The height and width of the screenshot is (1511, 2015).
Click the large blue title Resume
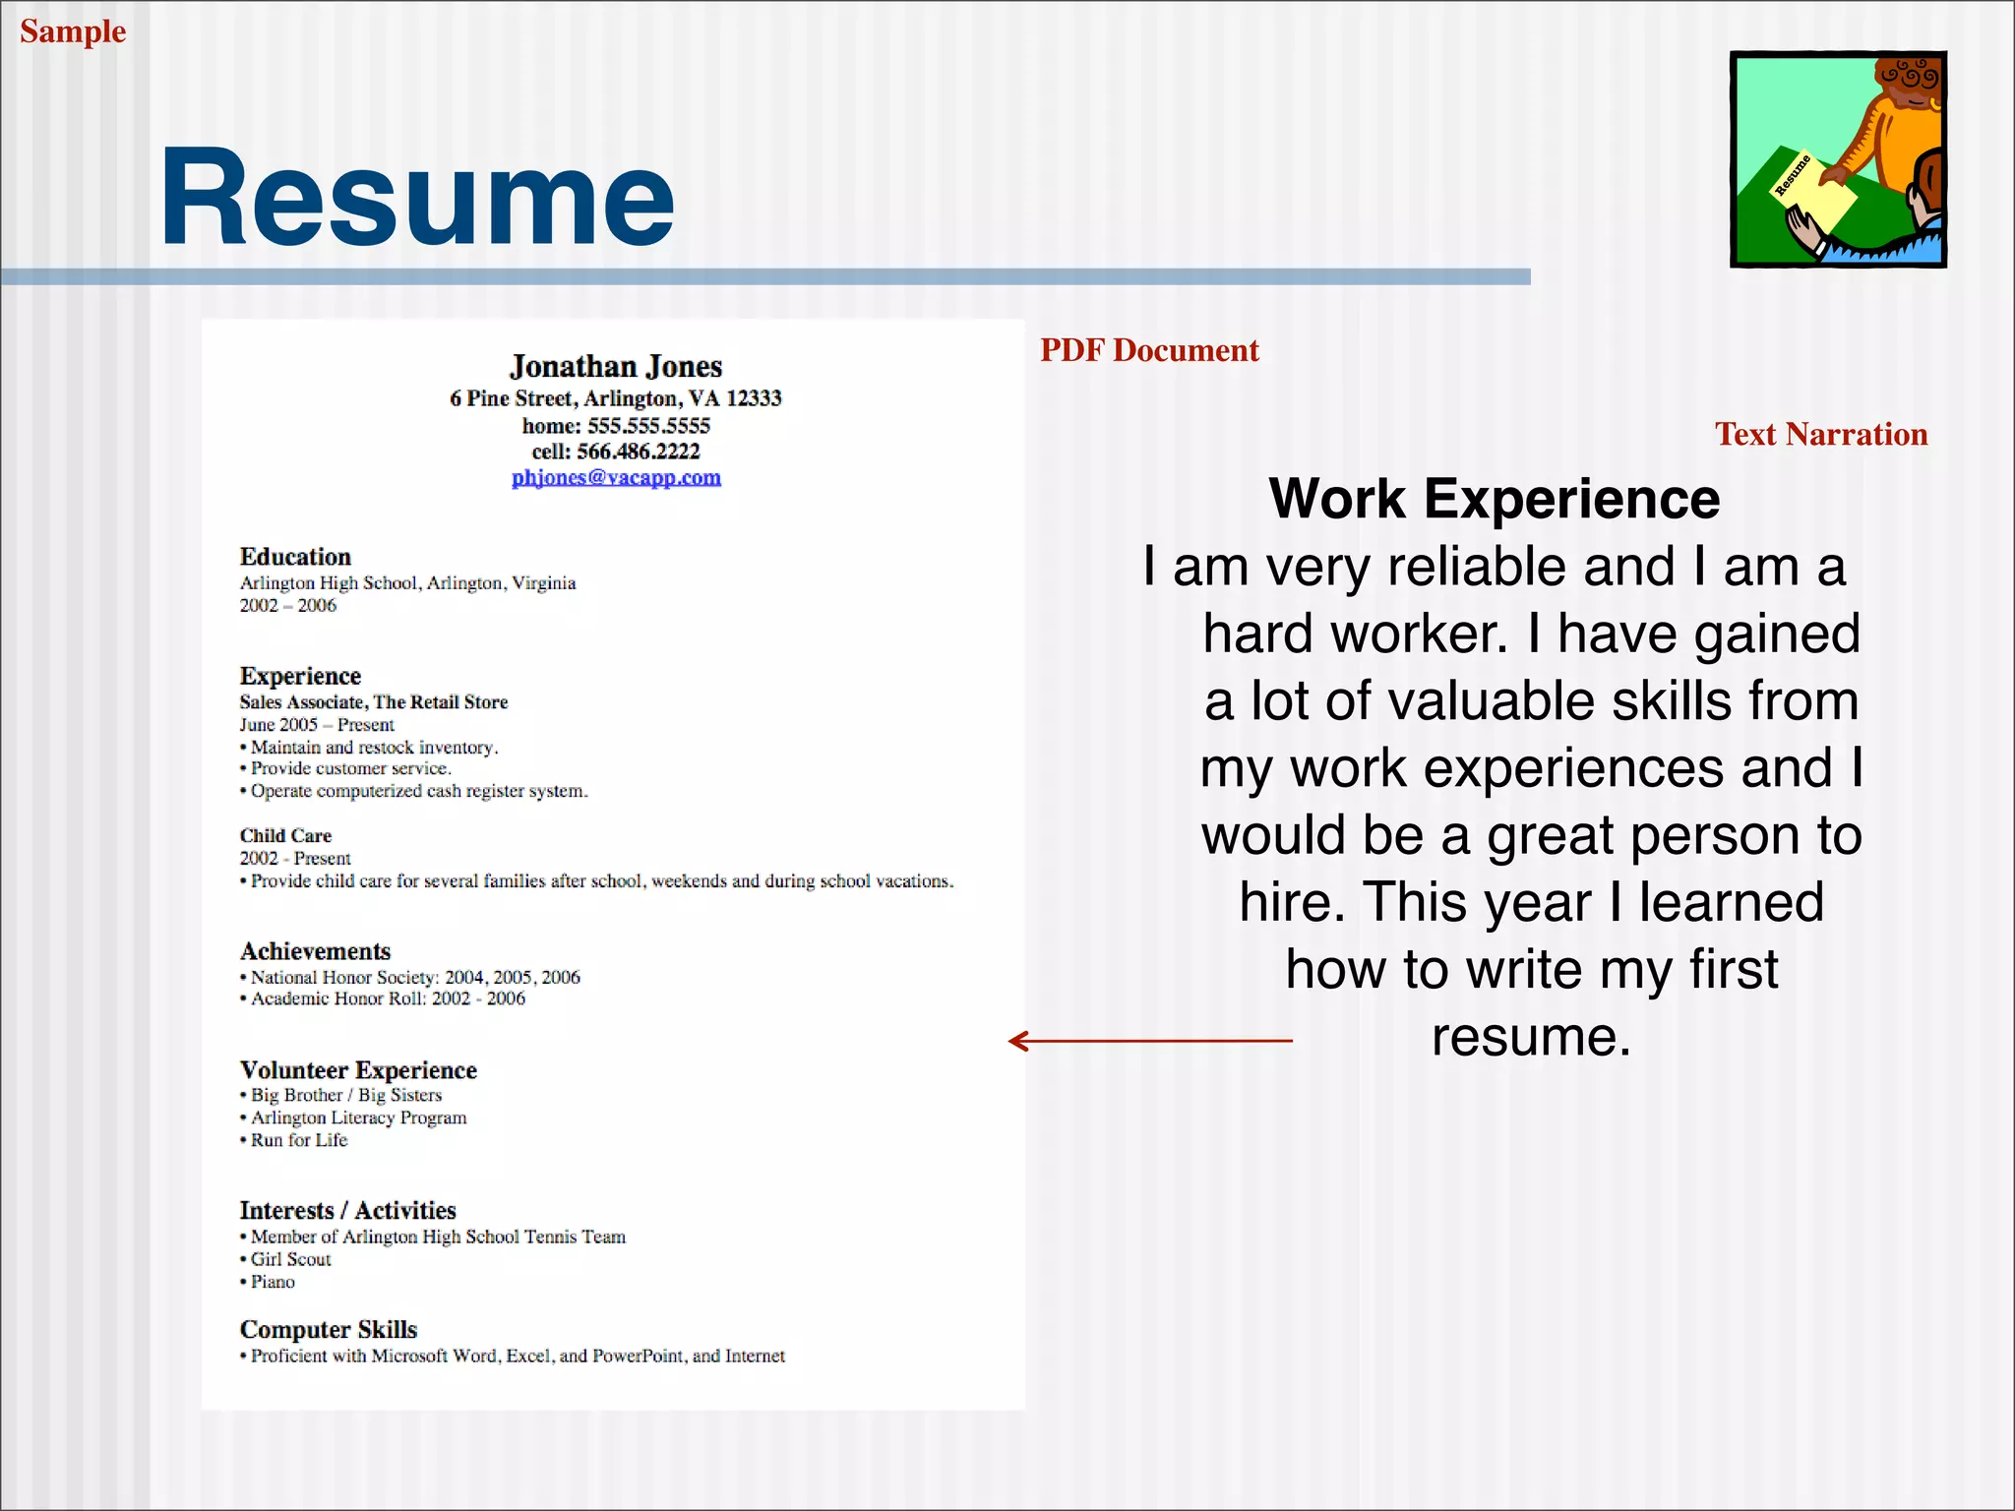(417, 197)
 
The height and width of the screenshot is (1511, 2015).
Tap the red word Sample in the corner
(73, 31)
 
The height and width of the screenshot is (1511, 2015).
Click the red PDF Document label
(1149, 350)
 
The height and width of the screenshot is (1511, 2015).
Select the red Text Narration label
(1820, 434)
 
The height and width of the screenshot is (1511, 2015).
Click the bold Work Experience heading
(1494, 499)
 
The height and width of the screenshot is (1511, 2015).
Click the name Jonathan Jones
(616, 367)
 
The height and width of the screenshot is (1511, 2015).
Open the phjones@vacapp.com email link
(616, 477)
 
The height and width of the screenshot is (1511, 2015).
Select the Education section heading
(295, 557)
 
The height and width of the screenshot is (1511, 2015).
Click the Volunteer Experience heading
(358, 1070)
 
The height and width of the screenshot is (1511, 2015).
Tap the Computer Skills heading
(329, 1330)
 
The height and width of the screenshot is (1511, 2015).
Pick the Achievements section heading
(315, 951)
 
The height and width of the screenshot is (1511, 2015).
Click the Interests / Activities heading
(347, 1210)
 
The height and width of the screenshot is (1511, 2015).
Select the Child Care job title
(285, 835)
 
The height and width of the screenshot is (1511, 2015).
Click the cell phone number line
(616, 452)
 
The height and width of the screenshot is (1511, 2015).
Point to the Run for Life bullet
(298, 1140)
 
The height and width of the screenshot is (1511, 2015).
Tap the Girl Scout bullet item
(290, 1259)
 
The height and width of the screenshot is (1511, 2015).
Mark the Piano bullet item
(273, 1282)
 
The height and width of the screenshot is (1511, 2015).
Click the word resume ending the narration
(1530, 1037)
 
